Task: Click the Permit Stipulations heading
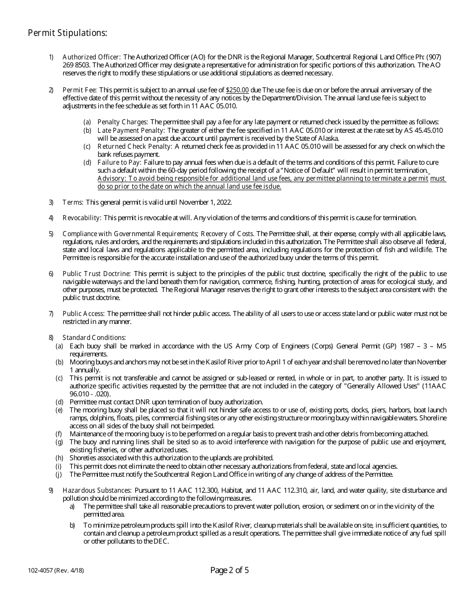pyautogui.click(x=67, y=33)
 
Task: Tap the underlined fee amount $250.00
pyautogui.click(x=237, y=90)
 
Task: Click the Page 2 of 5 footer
pyautogui.click(x=230, y=570)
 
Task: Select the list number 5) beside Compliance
pyautogui.click(x=51, y=234)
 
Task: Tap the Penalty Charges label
pyautogui.click(x=122, y=122)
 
